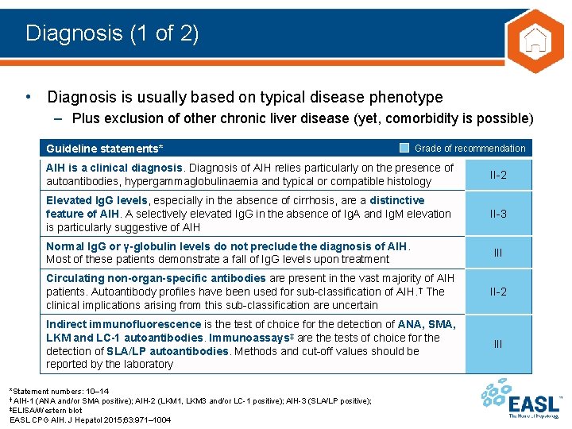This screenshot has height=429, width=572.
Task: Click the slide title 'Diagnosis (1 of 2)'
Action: tap(112, 33)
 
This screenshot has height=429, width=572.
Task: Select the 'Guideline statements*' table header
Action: tap(105, 149)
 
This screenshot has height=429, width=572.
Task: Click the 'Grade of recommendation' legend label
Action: tap(470, 149)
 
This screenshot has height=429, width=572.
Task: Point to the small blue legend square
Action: tap(404, 148)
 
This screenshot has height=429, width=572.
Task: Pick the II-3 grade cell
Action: tap(498, 214)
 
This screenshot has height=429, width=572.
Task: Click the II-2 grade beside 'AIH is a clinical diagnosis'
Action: tap(498, 175)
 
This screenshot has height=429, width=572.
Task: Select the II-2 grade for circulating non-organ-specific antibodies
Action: tap(498, 292)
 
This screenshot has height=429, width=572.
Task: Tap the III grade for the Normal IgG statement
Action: tap(498, 253)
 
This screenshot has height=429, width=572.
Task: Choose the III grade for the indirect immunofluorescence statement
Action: tap(498, 343)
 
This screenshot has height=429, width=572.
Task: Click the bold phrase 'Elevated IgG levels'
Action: tap(97, 200)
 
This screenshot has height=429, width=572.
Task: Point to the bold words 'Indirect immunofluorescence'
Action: tap(123, 324)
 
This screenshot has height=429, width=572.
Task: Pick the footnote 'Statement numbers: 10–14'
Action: tap(60, 392)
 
